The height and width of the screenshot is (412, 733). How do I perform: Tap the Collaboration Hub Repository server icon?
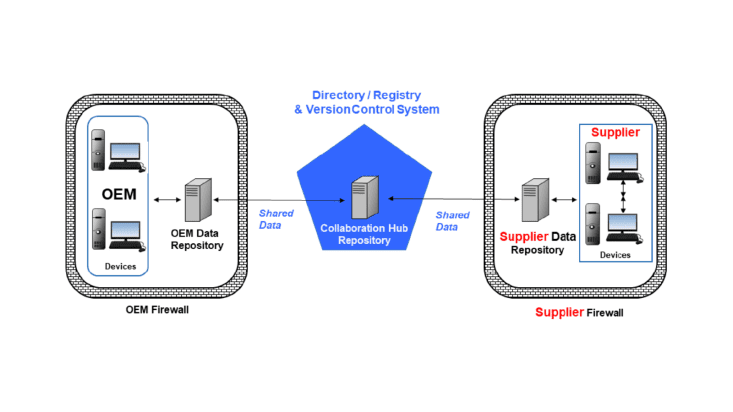365,197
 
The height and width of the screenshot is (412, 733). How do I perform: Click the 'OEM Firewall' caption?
157,310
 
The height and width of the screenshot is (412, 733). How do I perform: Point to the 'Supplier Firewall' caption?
579,312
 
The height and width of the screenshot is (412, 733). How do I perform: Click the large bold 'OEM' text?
117,192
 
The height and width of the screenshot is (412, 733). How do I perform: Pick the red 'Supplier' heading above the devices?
615,133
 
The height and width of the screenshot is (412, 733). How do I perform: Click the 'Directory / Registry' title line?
366,93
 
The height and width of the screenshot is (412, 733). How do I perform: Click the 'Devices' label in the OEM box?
121,267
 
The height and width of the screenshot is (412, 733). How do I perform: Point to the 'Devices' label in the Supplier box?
615,255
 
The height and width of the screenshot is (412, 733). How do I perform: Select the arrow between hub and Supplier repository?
452,200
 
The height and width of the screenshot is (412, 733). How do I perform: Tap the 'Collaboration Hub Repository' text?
366,234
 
